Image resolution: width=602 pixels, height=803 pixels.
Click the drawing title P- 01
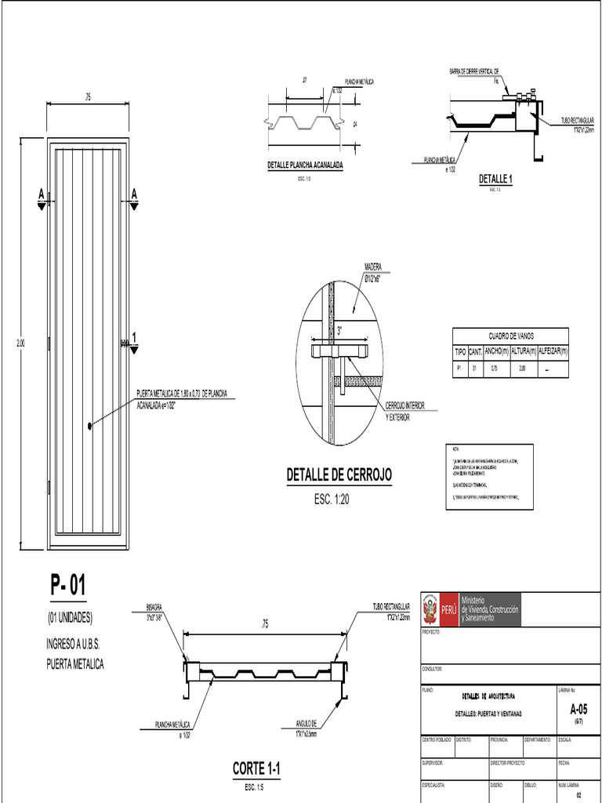[68, 586]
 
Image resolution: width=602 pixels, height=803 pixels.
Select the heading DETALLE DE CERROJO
[339, 475]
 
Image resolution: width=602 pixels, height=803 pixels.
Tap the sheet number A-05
[578, 709]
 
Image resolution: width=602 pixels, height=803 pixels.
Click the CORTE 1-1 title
[256, 769]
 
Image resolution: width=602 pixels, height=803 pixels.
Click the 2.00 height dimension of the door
[21, 343]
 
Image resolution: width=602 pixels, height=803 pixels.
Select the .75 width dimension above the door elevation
[88, 97]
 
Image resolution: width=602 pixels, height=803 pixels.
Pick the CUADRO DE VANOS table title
[511, 335]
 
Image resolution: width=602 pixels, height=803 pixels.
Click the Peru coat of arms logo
[430, 609]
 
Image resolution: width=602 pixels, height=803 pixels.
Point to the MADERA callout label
[373, 267]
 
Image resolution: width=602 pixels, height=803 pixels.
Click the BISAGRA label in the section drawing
[154, 607]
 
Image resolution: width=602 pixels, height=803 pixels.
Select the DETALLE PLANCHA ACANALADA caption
[305, 166]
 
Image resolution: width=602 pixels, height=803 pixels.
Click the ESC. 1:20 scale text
[335, 499]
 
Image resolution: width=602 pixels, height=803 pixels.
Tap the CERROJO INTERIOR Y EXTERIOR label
[404, 412]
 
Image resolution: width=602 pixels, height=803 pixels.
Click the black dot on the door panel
[91, 426]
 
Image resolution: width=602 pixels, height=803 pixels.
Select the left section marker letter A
[39, 193]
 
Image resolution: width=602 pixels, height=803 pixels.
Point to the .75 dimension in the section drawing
[265, 624]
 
